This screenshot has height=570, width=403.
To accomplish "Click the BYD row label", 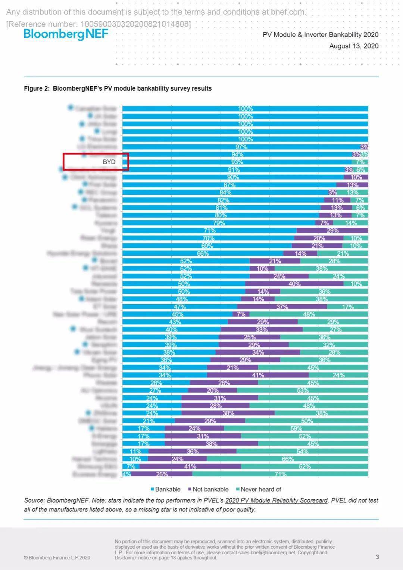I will click(109, 162).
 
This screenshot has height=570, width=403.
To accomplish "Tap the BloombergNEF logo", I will click(66, 34).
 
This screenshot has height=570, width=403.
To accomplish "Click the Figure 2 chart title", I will click(118, 88).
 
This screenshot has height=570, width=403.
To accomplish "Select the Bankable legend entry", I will click(165, 489).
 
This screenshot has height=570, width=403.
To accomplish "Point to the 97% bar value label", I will click(241, 147).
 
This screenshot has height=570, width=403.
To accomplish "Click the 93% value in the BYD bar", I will click(237, 162).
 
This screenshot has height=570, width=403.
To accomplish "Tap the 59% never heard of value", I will click(296, 429).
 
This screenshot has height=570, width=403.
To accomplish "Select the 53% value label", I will click(303, 390).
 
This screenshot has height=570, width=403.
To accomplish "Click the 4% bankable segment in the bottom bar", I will click(126, 474).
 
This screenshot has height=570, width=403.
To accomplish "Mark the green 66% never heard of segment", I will click(287, 459).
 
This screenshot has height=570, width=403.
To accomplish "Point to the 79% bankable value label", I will click(219, 223).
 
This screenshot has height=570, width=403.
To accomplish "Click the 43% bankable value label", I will click(175, 322).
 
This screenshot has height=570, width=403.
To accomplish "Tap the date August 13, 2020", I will click(354, 46).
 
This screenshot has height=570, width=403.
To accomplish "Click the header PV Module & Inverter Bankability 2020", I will click(321, 34).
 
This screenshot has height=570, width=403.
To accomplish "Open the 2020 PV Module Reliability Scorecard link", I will click(276, 500).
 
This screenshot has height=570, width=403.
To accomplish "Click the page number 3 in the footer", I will click(377, 557).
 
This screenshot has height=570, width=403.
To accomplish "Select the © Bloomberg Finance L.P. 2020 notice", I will click(57, 558).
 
